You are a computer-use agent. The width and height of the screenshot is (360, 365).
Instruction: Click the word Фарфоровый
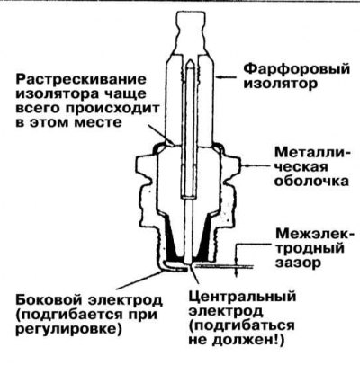pos(296,69)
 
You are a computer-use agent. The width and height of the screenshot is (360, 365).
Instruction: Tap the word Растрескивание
pos(81,80)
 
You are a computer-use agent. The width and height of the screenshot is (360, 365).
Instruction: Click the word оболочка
pos(311,182)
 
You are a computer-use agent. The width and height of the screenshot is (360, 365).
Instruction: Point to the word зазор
pos(299,263)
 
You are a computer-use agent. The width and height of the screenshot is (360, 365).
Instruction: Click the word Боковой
pos(49,300)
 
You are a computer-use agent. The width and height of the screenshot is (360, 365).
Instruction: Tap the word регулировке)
pos(69,330)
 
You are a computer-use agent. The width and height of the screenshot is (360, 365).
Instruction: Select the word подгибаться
pos(241,326)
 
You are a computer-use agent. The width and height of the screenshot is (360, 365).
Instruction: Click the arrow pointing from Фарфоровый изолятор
pos(228,77)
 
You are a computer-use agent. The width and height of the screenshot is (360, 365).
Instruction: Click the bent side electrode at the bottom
pos(174,266)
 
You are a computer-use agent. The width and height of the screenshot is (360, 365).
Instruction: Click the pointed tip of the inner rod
pos(190,61)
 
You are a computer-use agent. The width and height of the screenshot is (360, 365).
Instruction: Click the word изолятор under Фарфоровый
pos(280,85)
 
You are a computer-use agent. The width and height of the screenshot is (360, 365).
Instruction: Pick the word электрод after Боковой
pos(126,300)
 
